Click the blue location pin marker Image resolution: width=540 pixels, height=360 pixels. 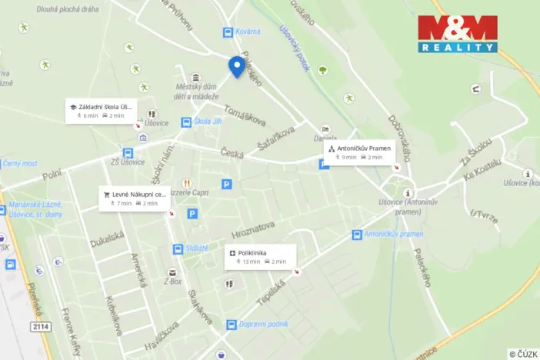click(237, 67)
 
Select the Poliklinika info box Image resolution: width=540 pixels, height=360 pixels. click(260, 256)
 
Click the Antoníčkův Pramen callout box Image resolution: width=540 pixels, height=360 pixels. click(358, 152)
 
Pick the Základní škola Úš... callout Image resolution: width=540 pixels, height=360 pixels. click(101, 111)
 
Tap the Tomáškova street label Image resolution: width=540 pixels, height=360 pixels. click(245, 116)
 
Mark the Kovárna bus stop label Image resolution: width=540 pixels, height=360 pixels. click(248, 32)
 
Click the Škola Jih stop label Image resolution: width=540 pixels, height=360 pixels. click(207, 122)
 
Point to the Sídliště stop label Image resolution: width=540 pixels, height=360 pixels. click(196, 248)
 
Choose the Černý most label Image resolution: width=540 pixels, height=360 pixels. click(19, 163)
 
